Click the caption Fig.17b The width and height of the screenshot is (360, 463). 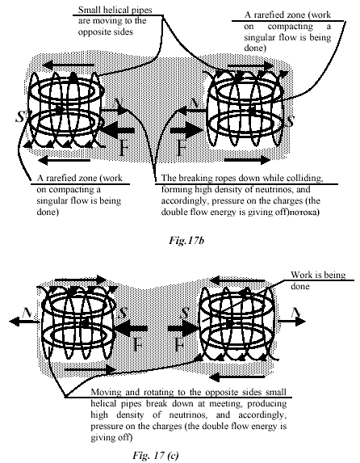pos(186,241)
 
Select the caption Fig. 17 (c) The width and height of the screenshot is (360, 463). pos(156,455)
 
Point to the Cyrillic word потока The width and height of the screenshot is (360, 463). pos(303,213)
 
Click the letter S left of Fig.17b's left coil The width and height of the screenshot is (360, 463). pos(19,117)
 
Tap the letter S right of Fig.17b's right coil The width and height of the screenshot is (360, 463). pos(291,120)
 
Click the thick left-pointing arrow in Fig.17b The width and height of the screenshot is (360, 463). pos(117,131)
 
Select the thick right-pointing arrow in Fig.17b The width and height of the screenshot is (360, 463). pos(187,131)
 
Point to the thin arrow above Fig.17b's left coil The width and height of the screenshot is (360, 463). pos(69,65)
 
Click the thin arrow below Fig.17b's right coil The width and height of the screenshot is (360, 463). pos(247,160)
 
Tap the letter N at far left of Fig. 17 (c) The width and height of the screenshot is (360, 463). pos(27,313)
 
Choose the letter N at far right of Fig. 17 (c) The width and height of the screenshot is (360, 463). pos(296,313)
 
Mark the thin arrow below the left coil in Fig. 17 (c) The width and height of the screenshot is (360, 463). pos(91,369)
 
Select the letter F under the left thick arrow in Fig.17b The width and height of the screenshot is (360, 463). pos(125,148)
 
